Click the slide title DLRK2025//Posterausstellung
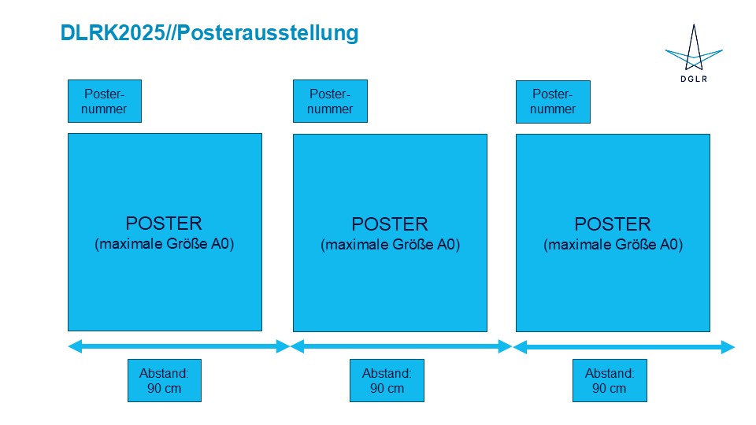pos(209,33)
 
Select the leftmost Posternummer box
pos(105,101)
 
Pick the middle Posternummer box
pos(330,101)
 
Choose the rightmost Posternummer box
pos(553,101)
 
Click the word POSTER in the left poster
pos(164,224)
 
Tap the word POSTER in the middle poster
pos(390,224)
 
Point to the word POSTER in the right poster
pos(613,224)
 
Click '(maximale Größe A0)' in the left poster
pos(165,244)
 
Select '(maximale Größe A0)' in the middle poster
pos(390,245)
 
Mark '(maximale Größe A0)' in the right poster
pos(613,245)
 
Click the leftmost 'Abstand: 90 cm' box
pos(165,380)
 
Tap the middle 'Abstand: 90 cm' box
pos(387,380)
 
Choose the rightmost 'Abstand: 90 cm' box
pos(610,380)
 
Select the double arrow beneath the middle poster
pos(402,346)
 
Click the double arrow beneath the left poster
pos(179,346)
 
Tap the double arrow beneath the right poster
pos(624,347)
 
